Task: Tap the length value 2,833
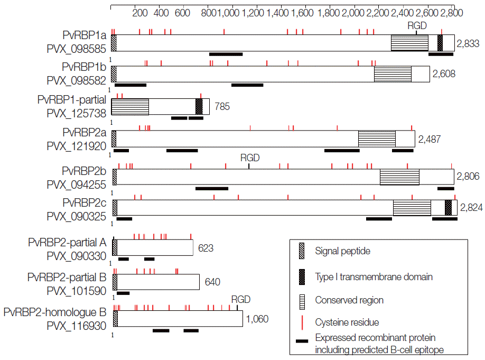(x=469, y=43)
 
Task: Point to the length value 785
(x=222, y=107)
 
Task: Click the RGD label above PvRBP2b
(x=250, y=158)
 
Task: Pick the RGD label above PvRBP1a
(x=417, y=25)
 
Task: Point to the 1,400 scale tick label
(x=277, y=13)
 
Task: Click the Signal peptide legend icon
(x=302, y=251)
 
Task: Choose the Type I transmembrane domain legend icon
(x=302, y=276)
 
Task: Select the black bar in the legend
(x=302, y=341)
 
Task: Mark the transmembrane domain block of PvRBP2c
(x=448, y=207)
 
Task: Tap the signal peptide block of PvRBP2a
(x=114, y=139)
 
